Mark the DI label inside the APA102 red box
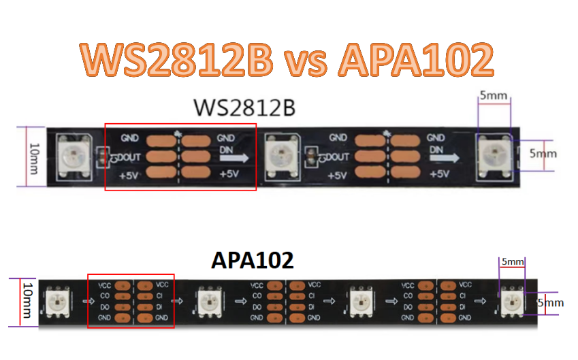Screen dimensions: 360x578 [159, 307]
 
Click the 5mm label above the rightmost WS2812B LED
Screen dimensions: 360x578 [493, 96]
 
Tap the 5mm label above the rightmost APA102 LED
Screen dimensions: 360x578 [512, 261]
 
